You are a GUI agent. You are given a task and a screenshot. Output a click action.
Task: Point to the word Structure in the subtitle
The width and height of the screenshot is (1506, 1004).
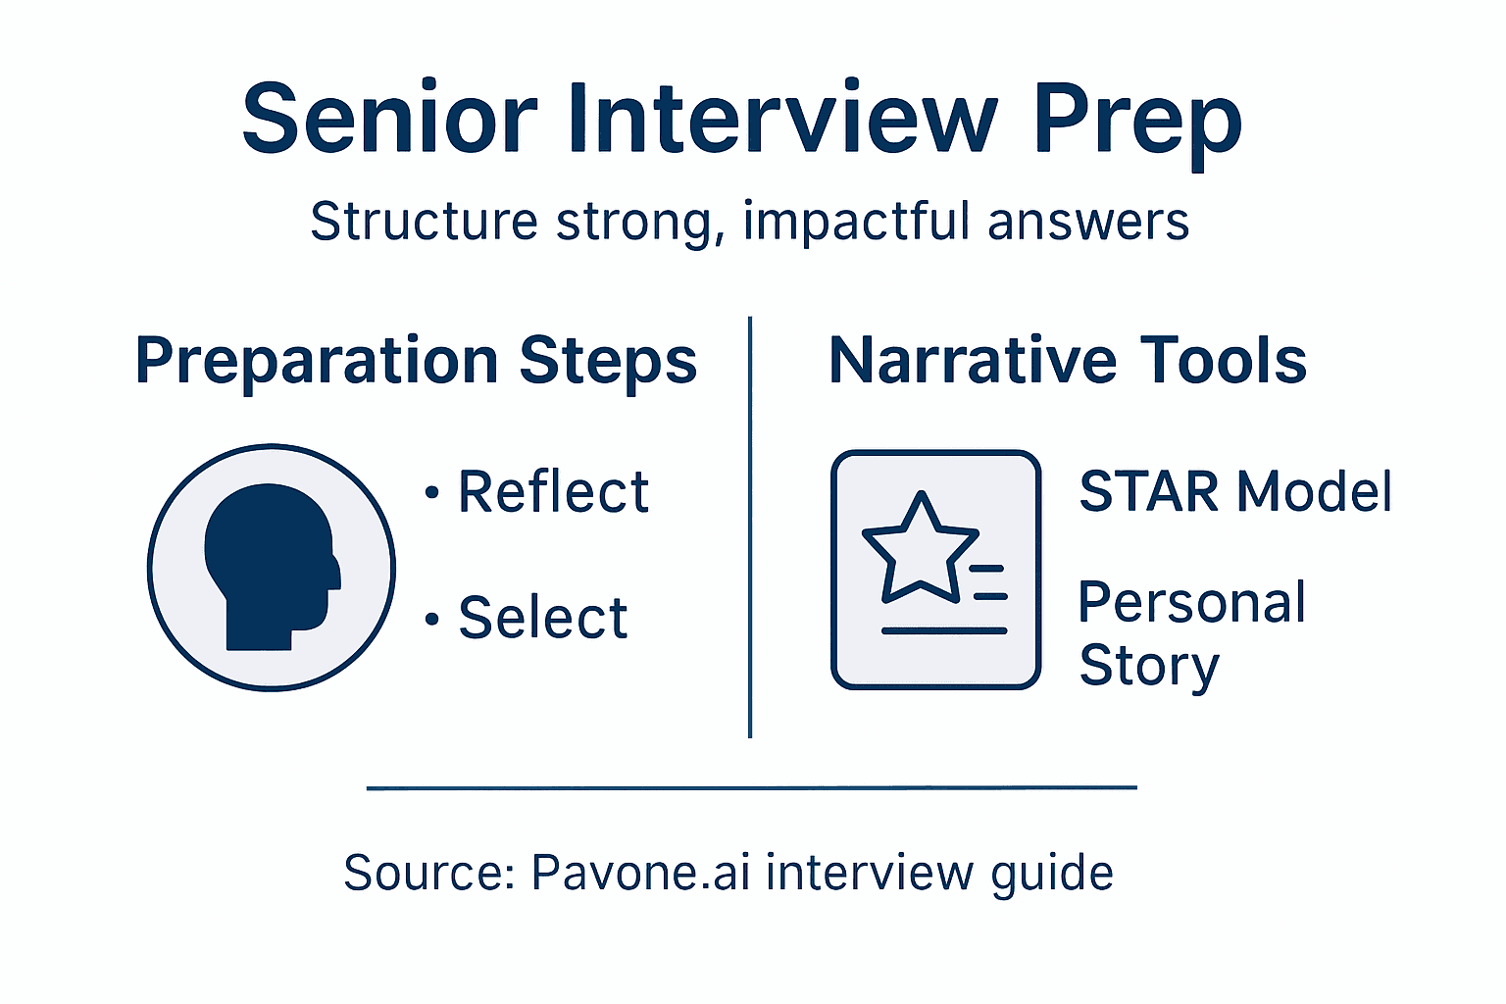click(x=424, y=222)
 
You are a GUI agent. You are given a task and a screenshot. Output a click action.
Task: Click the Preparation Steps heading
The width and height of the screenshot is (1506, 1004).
click(x=416, y=361)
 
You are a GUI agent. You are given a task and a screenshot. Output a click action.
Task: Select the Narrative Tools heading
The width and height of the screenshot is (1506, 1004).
click(x=1068, y=361)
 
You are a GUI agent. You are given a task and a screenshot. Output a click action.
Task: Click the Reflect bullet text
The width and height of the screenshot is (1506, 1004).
click(x=553, y=491)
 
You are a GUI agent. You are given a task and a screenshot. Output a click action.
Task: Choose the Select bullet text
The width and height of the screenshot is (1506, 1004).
click(x=543, y=618)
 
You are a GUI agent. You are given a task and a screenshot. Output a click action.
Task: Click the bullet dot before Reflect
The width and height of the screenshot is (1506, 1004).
click(x=431, y=492)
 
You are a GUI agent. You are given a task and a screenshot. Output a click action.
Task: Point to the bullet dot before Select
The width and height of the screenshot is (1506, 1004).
click(x=431, y=620)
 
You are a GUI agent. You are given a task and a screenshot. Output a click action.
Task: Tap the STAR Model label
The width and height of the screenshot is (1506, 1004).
click(x=1234, y=491)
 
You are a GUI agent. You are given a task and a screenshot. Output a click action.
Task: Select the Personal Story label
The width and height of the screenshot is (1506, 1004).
click(x=1191, y=633)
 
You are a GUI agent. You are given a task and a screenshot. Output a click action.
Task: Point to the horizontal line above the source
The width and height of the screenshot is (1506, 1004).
click(x=751, y=787)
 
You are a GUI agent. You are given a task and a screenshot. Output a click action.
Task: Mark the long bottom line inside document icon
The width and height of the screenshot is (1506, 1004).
click(x=943, y=630)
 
